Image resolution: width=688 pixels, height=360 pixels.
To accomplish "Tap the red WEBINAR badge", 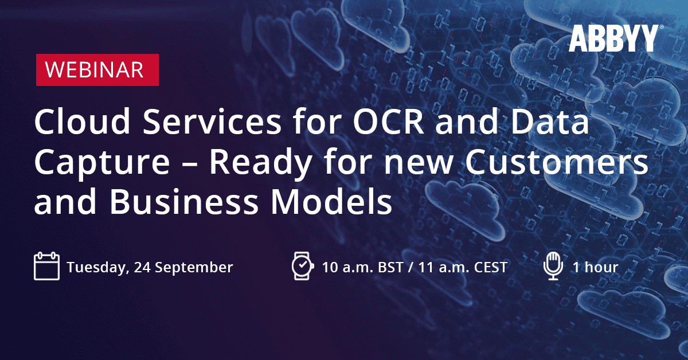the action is click(97, 70).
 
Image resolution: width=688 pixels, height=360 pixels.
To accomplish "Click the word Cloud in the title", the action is click(83, 122).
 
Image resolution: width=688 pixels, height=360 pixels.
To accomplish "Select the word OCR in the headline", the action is click(389, 122).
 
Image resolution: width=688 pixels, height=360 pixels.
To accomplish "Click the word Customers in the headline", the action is click(557, 162).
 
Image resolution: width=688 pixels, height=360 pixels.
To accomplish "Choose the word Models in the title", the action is click(331, 202).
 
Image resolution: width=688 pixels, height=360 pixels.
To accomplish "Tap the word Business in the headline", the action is click(184, 202).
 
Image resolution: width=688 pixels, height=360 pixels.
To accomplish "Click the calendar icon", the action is click(46, 266).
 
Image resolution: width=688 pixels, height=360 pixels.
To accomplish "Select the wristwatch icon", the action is click(303, 266).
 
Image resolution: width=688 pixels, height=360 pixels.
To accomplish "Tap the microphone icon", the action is click(553, 266).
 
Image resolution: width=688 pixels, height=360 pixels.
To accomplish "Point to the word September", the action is click(194, 268).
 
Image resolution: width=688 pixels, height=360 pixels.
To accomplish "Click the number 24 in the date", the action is click(142, 267).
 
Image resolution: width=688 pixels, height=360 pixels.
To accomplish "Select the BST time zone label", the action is click(390, 267).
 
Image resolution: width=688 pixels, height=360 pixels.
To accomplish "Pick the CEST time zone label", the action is click(491, 267).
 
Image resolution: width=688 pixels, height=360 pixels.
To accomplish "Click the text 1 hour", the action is click(595, 267).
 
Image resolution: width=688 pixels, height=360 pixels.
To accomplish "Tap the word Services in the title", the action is click(212, 122).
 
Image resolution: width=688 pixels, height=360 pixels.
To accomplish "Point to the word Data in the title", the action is click(549, 122).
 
